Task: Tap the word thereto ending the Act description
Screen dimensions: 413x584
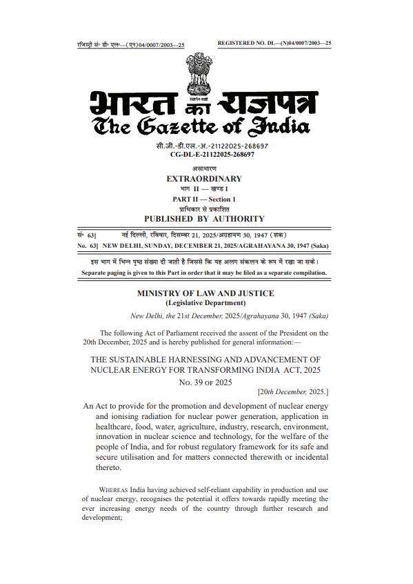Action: pos(108,467)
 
